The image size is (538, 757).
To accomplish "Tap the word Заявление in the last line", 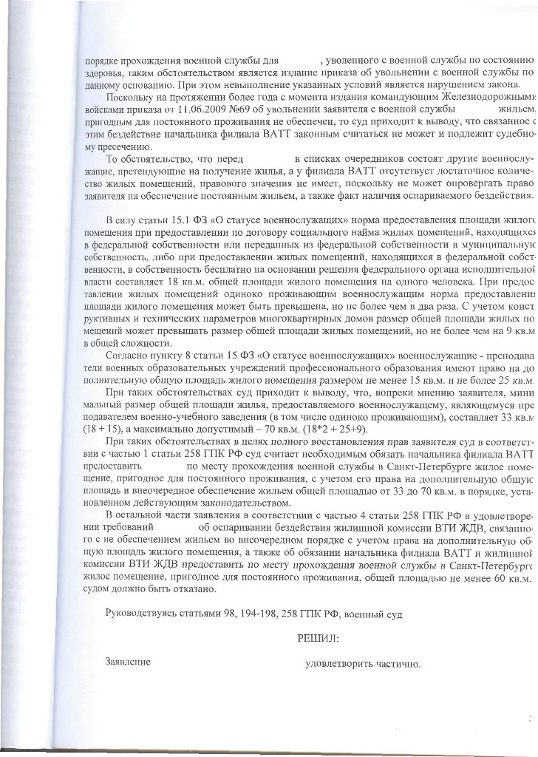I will [129, 663].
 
